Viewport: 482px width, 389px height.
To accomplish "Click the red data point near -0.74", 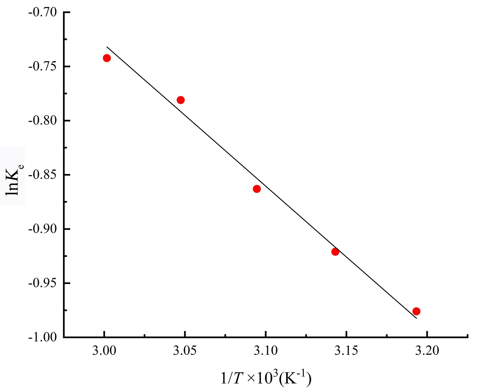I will [107, 58].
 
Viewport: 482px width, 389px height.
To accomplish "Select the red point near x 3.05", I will [181, 100].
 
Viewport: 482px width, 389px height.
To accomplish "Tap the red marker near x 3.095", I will [257, 189].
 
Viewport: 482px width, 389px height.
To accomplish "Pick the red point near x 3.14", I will [335, 252].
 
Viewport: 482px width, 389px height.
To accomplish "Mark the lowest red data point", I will [416, 311].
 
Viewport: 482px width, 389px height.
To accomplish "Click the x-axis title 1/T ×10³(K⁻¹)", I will [266, 379].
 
